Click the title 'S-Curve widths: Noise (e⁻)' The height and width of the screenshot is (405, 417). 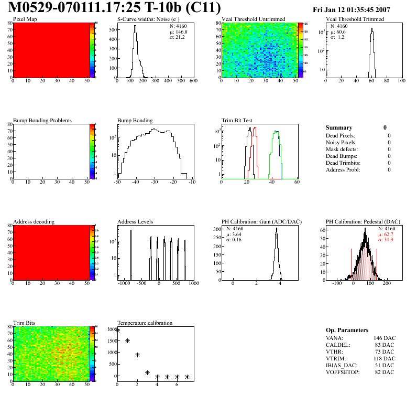pyautogui.click(x=147, y=19)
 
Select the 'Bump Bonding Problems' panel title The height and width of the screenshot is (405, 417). pyautogui.click(x=42, y=121)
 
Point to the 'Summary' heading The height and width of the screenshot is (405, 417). pyautogui.click(x=339, y=127)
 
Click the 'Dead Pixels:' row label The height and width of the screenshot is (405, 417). pyautogui.click(x=341, y=136)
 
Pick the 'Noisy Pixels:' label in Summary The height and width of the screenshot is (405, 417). pyautogui.click(x=341, y=143)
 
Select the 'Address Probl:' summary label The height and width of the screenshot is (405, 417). pyautogui.click(x=343, y=170)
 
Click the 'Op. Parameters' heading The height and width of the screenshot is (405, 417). pyautogui.click(x=347, y=330)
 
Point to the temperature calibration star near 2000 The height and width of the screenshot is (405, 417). pyautogui.click(x=117, y=330)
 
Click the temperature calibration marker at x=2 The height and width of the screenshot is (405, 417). pyautogui.click(x=137, y=355)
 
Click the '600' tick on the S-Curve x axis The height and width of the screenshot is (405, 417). pyautogui.click(x=193, y=81)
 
